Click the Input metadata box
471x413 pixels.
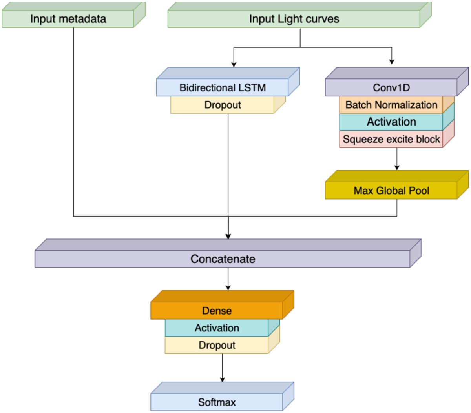[x=68, y=19]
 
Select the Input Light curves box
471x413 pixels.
[x=294, y=19]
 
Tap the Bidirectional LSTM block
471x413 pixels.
[x=223, y=87]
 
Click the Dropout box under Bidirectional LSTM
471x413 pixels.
[x=223, y=105]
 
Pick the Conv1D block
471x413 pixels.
[x=391, y=87]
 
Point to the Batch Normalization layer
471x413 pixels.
[x=391, y=105]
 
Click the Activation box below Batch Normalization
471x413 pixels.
[x=391, y=122]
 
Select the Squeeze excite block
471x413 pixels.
[x=391, y=139]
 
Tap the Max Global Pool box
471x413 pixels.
[x=391, y=191]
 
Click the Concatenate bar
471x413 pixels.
[x=223, y=259]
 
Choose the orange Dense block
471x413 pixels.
[x=217, y=311]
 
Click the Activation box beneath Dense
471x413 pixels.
[x=217, y=328]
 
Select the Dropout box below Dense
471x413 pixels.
[x=217, y=345]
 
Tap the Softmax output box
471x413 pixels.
[x=217, y=402]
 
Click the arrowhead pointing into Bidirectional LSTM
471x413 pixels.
[x=234, y=64]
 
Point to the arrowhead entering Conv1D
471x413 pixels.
[x=392, y=62]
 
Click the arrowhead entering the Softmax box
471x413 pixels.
[x=222, y=379]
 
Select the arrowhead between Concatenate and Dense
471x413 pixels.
[x=228, y=287]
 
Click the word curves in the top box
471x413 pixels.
[x=323, y=19]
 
